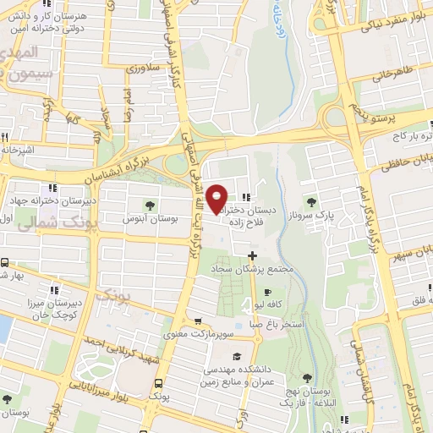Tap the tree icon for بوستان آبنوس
(x=150, y=205)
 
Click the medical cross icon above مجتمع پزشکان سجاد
(x=251, y=255)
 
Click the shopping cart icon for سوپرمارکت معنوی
(x=198, y=321)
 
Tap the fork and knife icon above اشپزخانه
(x=6, y=137)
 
